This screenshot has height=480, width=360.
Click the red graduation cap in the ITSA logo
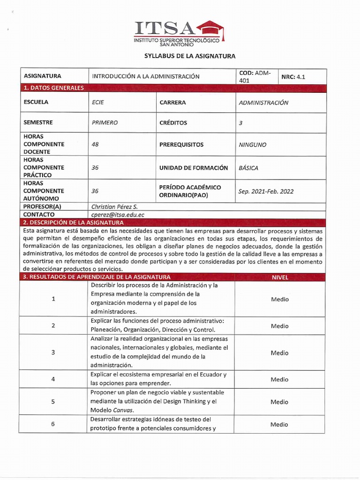(x=210, y=29)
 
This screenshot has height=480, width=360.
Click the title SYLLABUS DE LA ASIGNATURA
(x=190, y=56)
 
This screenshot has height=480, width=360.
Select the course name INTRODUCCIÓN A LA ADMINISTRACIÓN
(x=146, y=76)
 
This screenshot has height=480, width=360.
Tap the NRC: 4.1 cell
(x=293, y=77)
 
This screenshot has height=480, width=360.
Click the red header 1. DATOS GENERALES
(x=54, y=88)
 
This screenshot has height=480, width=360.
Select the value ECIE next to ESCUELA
(x=98, y=102)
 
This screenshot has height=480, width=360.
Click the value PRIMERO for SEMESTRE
(x=105, y=123)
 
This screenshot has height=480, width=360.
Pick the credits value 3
(x=241, y=123)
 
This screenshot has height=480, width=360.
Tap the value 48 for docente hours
(x=95, y=145)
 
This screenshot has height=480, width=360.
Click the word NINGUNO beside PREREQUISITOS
(x=252, y=145)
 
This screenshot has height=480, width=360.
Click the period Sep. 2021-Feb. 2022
(x=266, y=191)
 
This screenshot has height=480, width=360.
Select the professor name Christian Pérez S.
(x=115, y=207)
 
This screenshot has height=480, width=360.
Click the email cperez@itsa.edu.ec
(x=118, y=215)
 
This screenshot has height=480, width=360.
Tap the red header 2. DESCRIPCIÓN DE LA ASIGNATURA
(x=74, y=223)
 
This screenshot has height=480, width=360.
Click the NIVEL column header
(x=280, y=277)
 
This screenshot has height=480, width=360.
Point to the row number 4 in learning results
(x=53, y=379)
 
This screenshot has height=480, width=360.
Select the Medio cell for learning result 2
(x=280, y=326)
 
